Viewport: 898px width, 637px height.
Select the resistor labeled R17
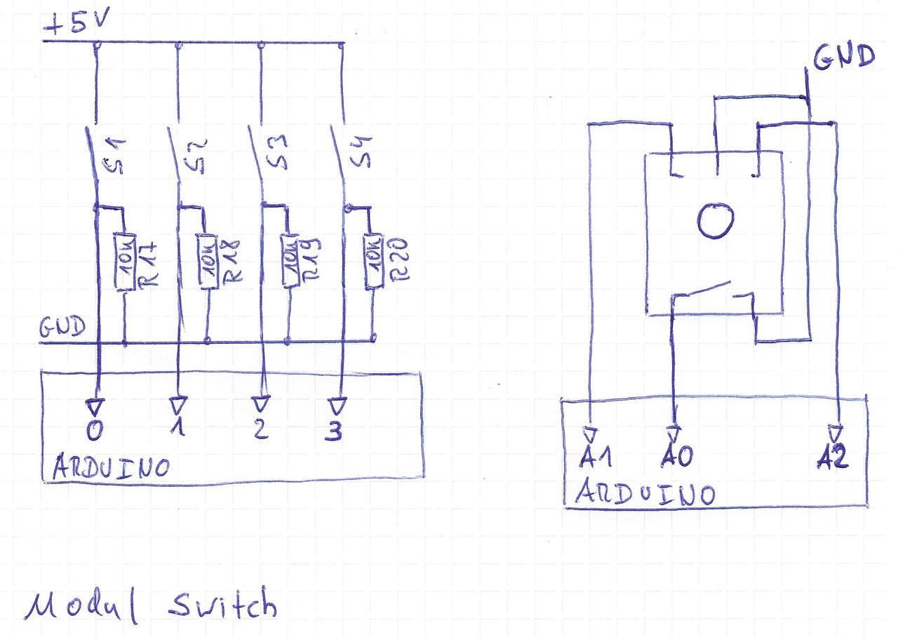coord(124,262)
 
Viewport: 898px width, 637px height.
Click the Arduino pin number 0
coord(93,430)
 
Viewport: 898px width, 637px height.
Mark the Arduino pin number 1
coord(177,429)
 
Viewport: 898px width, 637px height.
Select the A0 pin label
coord(677,457)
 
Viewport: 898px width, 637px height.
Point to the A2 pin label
coord(833,457)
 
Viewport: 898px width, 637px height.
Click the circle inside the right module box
coord(716,220)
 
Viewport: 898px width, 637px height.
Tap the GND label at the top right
coord(843,56)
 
